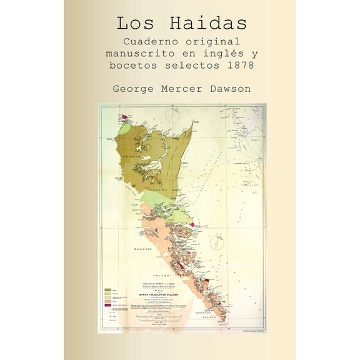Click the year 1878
coord(242,66)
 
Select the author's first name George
coord(132,89)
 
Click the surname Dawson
coord(229,89)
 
